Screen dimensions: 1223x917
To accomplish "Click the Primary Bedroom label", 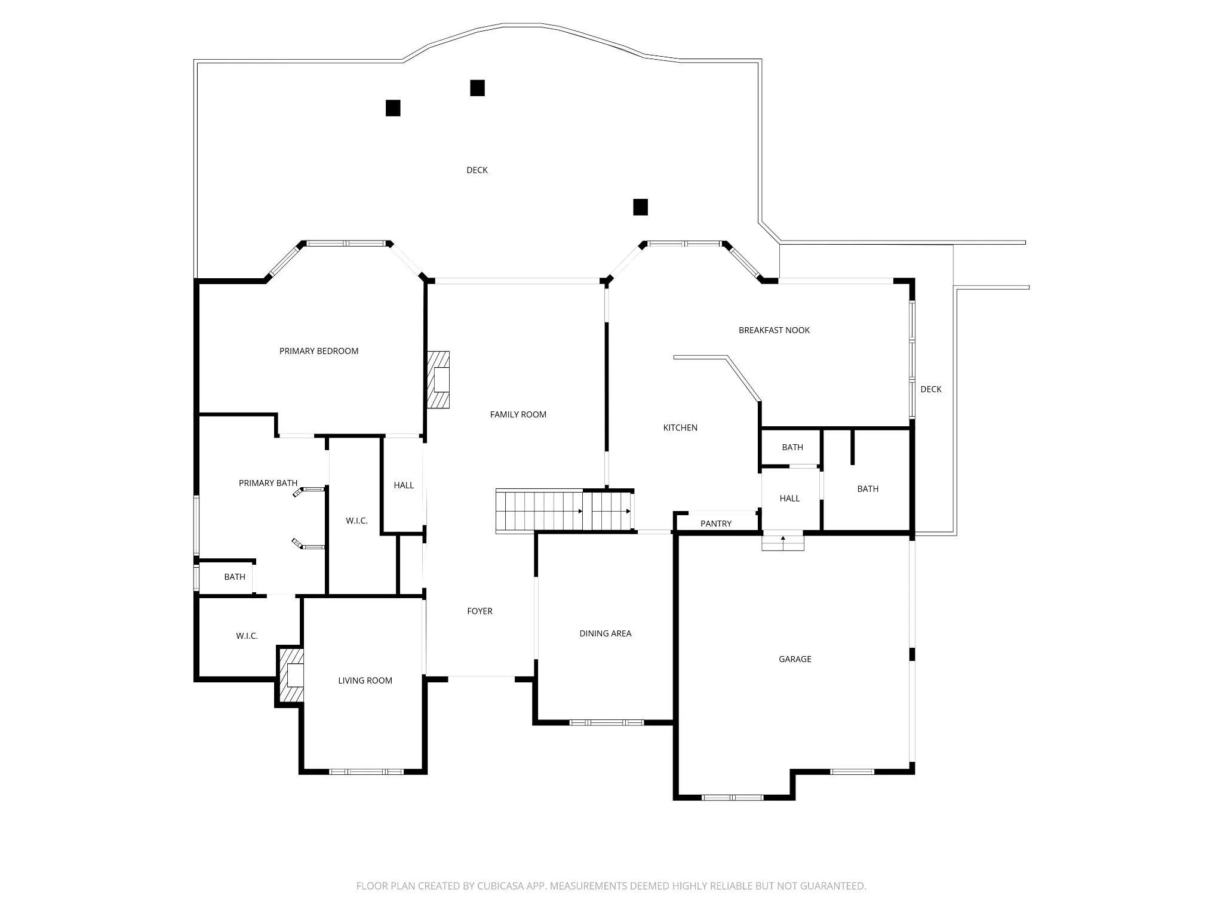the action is [319, 351].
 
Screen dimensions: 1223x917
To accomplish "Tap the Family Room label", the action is [518, 414].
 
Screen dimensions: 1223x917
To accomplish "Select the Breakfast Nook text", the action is [774, 330].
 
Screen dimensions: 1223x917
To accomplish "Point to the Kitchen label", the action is [680, 427].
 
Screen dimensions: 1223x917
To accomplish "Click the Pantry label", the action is [715, 524].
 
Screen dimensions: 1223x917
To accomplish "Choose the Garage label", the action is [795, 659].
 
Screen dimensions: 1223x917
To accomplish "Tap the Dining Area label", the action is [605, 633].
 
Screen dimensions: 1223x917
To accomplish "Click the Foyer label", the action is [480, 611].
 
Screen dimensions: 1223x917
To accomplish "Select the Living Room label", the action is [365, 681].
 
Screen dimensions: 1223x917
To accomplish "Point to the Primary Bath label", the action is [268, 483].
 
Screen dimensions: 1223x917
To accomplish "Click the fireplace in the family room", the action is [438, 380].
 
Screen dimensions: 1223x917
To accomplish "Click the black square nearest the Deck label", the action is [477, 88].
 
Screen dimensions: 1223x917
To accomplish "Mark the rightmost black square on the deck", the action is [640, 207].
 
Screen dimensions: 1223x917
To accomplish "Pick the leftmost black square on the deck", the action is [393, 108].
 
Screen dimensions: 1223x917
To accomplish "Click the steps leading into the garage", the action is [782, 542].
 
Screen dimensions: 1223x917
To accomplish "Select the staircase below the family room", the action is [564, 510].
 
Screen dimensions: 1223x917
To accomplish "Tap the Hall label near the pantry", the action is [789, 498].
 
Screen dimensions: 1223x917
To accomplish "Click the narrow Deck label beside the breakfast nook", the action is [930, 389].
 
